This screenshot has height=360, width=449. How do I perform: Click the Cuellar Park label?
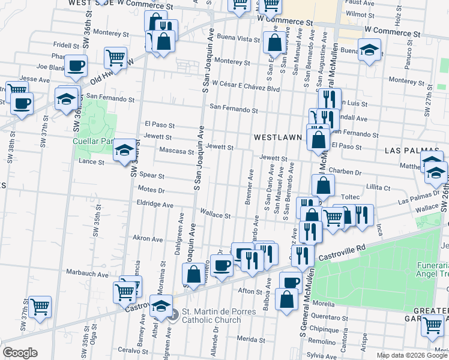tap(93, 142)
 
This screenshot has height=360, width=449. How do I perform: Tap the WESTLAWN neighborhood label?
tap(277, 137)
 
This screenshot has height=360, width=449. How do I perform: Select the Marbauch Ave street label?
tap(91, 275)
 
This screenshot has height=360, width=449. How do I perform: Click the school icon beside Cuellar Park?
tap(124, 150)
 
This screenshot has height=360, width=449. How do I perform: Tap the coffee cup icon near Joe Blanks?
tap(76, 66)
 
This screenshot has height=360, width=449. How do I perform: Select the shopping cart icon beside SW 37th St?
tap(40, 307)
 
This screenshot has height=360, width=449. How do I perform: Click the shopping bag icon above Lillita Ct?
tap(323, 186)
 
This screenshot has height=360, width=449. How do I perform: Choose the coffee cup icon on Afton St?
tap(291, 281)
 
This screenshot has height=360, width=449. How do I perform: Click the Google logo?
tap(19, 353)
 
